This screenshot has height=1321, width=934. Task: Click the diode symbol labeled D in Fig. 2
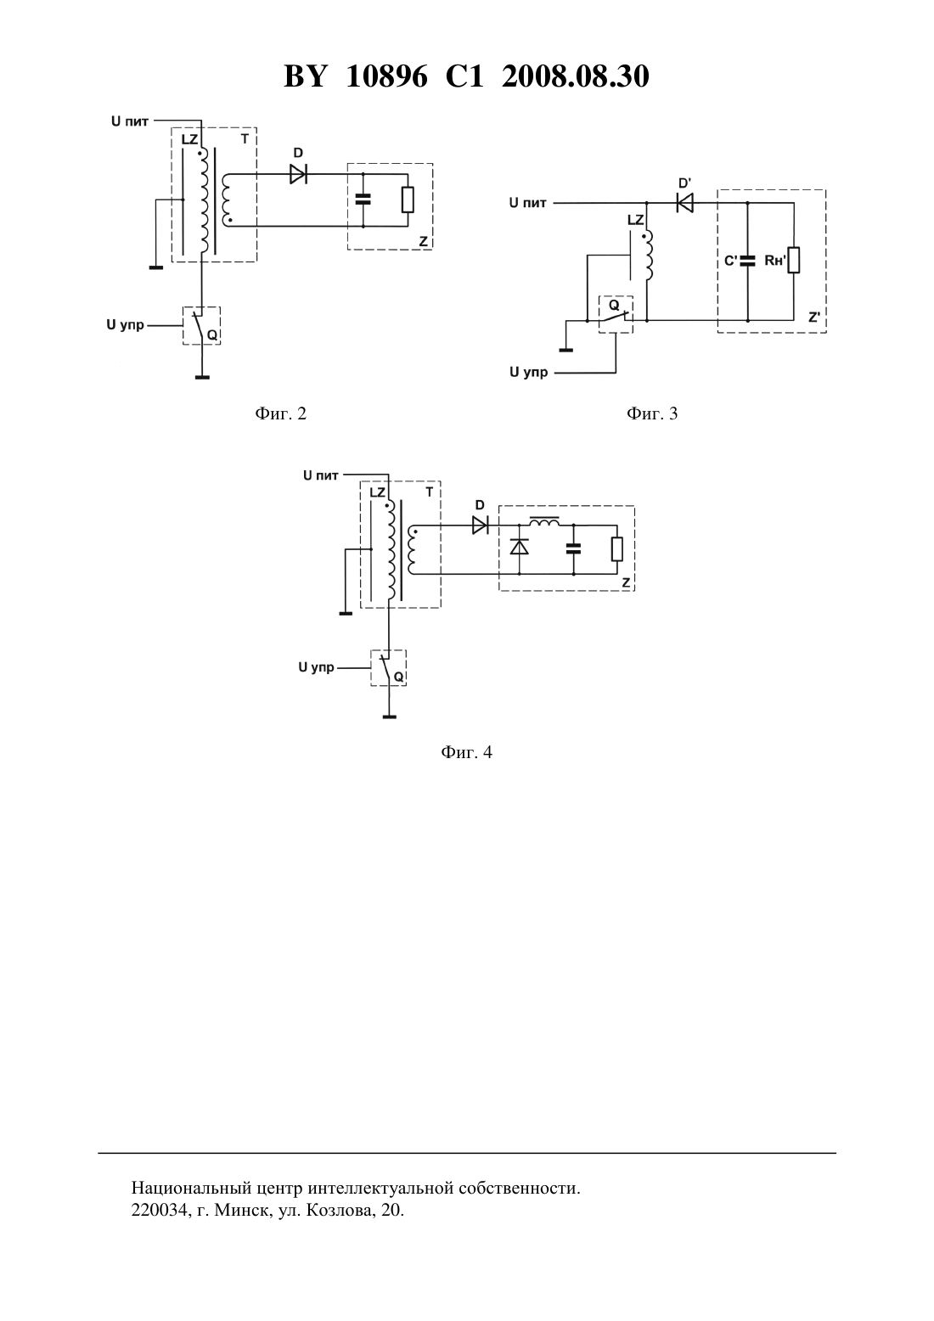(x=298, y=174)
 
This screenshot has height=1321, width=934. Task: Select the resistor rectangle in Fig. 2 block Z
(x=408, y=200)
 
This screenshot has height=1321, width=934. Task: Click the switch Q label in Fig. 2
(x=211, y=335)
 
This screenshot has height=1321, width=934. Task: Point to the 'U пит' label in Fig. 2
(x=130, y=121)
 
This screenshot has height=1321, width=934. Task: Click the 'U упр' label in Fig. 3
(x=528, y=372)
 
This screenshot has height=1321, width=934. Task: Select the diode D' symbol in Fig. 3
(x=684, y=203)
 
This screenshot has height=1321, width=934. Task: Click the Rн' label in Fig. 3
(x=775, y=260)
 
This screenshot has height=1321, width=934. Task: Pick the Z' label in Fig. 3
(x=814, y=318)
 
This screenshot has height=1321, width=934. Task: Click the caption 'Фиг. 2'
(x=281, y=413)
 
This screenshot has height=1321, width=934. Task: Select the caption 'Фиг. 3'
(x=652, y=413)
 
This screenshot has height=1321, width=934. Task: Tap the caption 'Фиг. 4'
(x=466, y=752)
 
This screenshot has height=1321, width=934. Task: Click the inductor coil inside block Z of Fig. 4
(x=545, y=521)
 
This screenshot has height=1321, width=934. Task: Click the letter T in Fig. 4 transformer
(x=430, y=492)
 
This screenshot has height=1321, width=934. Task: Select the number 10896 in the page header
(x=386, y=76)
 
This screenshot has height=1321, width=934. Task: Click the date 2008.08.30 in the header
(x=576, y=76)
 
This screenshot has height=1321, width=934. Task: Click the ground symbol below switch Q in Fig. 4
(x=389, y=717)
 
